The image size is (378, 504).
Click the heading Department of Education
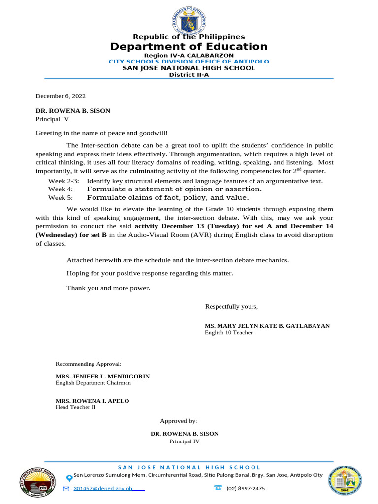click(x=189, y=47)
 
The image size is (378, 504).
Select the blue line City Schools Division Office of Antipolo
click(x=189, y=62)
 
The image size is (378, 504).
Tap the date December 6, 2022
click(x=61, y=96)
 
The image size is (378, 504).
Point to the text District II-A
click(x=189, y=75)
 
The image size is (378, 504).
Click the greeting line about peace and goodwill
click(x=101, y=133)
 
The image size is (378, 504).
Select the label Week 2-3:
click(x=63, y=181)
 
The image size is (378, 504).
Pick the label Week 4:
click(x=60, y=189)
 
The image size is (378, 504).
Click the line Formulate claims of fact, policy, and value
click(x=168, y=198)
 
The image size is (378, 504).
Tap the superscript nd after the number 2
click(x=297, y=170)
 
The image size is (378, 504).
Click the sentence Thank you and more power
click(x=108, y=288)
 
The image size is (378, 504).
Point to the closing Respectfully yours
click(x=231, y=307)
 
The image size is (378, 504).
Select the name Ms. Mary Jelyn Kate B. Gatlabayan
click(x=267, y=326)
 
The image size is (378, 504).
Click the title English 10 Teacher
click(x=228, y=333)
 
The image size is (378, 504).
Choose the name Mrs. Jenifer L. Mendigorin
click(x=102, y=376)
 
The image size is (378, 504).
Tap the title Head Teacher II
click(x=75, y=408)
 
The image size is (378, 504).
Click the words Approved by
click(x=178, y=421)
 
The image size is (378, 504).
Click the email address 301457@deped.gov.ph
click(x=103, y=489)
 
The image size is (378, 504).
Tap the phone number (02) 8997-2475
click(x=246, y=489)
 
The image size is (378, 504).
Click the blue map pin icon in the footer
click(x=69, y=478)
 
